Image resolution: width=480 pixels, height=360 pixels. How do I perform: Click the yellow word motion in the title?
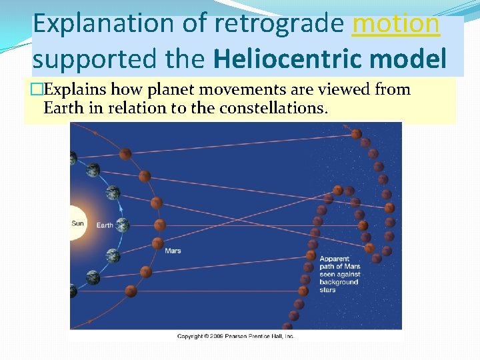[x=396, y=24]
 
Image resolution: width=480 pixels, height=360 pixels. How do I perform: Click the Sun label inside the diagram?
[x=78, y=223]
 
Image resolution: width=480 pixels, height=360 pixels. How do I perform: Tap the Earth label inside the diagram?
[x=105, y=225]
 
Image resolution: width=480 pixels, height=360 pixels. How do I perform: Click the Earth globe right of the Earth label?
[x=122, y=225]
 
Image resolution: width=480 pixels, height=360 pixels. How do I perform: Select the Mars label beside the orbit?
[x=173, y=251]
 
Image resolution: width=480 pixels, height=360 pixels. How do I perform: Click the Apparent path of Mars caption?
[x=339, y=274]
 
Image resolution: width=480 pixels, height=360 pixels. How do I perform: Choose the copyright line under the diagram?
[x=235, y=336]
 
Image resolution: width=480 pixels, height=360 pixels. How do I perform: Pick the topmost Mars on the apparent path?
[x=356, y=134]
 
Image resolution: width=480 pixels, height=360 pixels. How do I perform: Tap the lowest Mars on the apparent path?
[x=287, y=326]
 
